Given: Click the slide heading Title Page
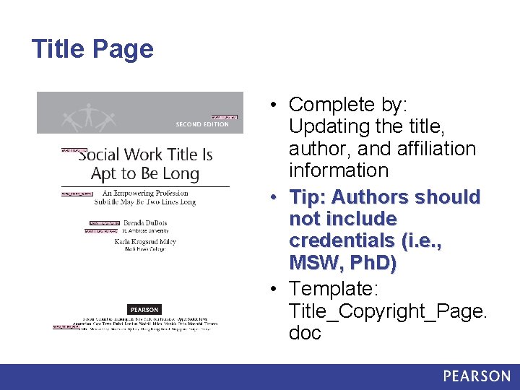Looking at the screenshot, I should pos(92,49).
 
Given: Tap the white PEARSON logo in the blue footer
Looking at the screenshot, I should pos(477,376).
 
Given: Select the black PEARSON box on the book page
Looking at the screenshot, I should pos(144,310).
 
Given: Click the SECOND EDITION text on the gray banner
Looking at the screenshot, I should pos(202,124).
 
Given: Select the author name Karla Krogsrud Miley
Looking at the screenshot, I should pos(145,241).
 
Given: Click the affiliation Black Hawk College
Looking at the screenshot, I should pos(144,249).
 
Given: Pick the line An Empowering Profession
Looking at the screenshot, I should pos(145,193).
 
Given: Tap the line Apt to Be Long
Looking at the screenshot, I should pos(144,173).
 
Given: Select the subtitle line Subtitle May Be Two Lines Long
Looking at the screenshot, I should pos(145,202).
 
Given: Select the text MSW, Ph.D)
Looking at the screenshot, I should pos(342,264).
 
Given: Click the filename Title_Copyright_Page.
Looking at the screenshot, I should pos(388,311).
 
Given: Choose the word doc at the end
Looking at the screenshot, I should pos(305,333).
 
